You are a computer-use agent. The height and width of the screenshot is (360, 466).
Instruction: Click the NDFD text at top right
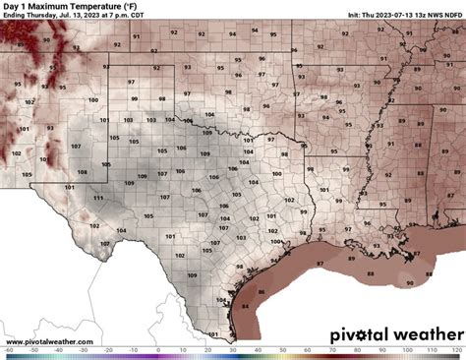click(x=453, y=16)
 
